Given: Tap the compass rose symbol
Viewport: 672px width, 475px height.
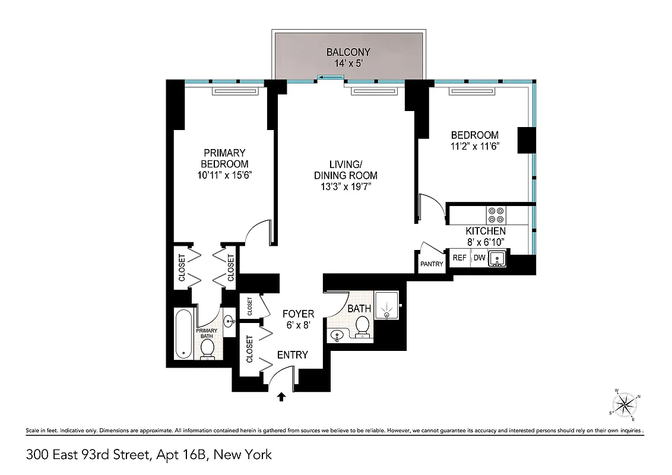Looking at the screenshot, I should (625, 405).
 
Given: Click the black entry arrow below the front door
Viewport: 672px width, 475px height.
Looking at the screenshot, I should (282, 396).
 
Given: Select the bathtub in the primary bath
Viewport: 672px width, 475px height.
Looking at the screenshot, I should (183, 334).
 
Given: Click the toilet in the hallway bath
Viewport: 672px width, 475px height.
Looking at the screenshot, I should (362, 325).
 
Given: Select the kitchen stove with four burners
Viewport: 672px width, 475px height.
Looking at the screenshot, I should (495, 214).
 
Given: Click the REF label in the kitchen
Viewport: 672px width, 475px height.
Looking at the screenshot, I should (459, 258).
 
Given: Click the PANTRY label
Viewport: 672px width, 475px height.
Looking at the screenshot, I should (432, 264).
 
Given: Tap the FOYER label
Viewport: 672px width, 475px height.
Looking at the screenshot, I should (298, 313).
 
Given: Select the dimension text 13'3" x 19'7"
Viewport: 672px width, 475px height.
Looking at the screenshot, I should (346, 186).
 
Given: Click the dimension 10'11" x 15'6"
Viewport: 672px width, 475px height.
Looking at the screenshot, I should (224, 175).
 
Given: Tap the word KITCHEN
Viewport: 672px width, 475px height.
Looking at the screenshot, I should (485, 231).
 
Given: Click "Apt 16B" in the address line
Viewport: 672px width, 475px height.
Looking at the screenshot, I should (181, 455).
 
